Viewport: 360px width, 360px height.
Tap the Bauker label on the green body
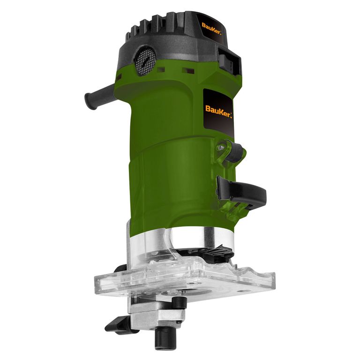(x=218, y=109)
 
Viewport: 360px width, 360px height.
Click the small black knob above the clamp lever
(x=234, y=153)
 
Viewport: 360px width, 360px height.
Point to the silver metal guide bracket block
(x=155, y=314)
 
